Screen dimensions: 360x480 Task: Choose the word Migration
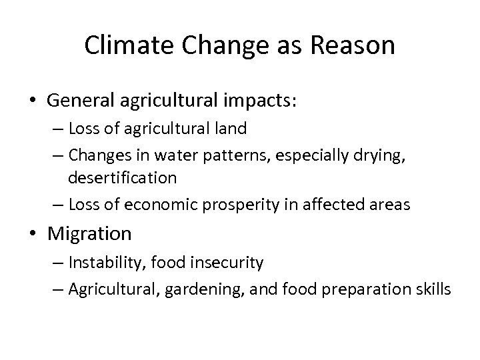89,234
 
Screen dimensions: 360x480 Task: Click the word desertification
122,178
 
